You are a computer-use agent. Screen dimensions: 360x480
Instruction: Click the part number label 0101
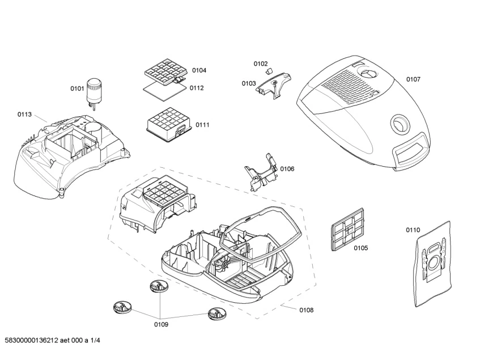(x=77, y=88)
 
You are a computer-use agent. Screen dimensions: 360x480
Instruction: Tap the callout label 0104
(x=199, y=70)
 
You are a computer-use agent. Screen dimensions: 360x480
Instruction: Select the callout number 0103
(x=249, y=83)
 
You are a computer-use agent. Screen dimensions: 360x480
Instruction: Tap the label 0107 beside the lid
(x=413, y=79)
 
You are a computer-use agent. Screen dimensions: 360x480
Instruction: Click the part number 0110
(x=413, y=230)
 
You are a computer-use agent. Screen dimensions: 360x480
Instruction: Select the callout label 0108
(x=306, y=310)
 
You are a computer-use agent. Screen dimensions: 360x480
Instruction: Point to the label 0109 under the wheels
(x=162, y=324)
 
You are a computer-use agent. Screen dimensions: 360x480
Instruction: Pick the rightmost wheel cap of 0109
(x=216, y=312)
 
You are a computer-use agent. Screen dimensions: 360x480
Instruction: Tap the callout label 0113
(x=24, y=114)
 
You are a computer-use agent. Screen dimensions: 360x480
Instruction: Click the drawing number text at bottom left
(x=52, y=340)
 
